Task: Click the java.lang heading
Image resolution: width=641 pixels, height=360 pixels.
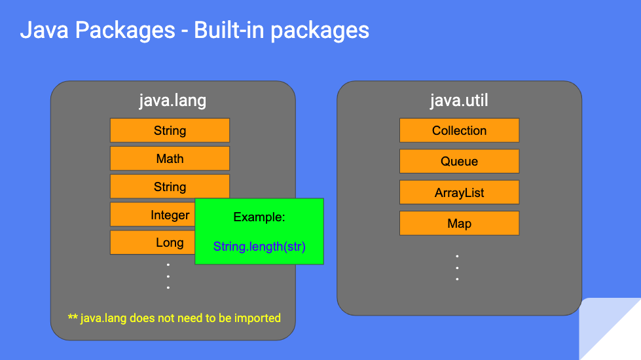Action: [x=172, y=101]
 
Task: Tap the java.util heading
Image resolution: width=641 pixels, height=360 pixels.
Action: [x=459, y=101]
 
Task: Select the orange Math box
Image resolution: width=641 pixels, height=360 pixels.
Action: [x=170, y=158]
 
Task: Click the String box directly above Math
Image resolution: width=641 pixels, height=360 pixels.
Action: [x=170, y=130]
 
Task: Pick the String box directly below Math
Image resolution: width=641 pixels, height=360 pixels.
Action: [x=170, y=187]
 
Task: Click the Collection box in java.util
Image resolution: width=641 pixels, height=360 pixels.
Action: [x=459, y=130]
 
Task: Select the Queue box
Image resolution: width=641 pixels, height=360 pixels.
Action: [x=459, y=161]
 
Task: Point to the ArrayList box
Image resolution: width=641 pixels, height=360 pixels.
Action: [x=459, y=193]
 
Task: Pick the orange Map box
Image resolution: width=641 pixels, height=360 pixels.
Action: [x=459, y=223]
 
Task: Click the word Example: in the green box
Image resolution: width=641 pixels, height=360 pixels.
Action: [x=259, y=217]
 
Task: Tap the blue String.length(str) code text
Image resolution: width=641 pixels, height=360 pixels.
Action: [x=259, y=247]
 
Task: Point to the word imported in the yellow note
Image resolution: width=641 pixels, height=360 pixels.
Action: [x=257, y=318]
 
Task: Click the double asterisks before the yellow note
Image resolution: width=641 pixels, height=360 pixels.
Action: [x=73, y=318]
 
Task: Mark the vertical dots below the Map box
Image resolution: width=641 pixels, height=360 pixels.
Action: [x=457, y=268]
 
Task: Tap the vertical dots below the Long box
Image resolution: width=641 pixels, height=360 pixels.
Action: [x=168, y=276]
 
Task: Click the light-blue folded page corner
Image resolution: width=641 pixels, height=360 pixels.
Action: [x=612, y=331]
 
